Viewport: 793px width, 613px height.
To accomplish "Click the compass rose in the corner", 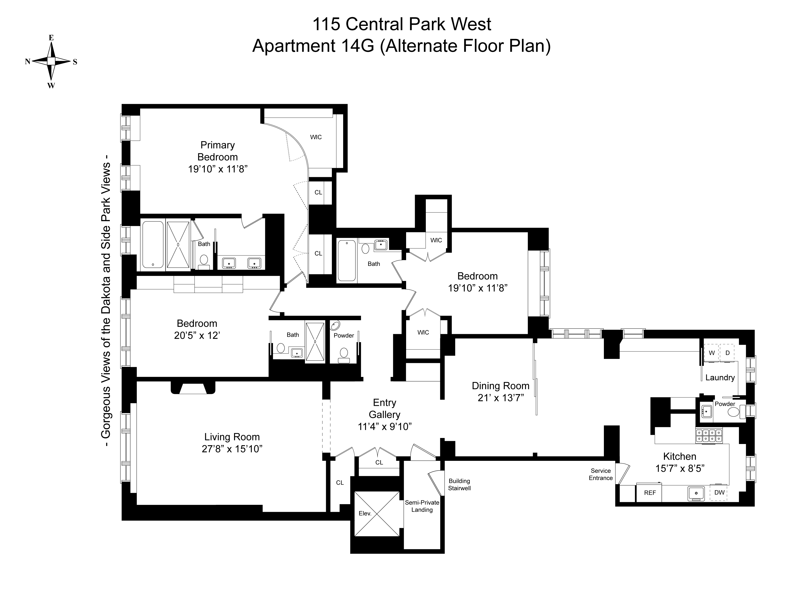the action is point(51,61).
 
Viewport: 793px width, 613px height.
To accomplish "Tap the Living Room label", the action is point(232,437).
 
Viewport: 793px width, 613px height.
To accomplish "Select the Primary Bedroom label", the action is point(217,151).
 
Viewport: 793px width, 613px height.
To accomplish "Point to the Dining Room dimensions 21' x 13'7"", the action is point(501,398).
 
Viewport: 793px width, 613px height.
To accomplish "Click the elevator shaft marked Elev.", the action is point(377,513).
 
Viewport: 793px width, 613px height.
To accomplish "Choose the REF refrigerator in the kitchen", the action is point(650,493).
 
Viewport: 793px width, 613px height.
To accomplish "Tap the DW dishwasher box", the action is point(719,492).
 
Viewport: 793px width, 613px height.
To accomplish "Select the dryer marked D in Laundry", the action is point(727,353).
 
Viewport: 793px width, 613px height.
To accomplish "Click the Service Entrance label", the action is point(601,474).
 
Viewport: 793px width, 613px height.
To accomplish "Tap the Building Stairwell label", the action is point(459,484).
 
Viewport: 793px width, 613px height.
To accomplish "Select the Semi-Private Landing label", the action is point(422,506).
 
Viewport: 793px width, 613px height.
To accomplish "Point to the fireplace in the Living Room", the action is point(193,388).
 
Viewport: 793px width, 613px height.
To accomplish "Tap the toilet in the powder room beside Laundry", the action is point(733,412).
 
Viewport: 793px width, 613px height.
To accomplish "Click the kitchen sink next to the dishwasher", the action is point(696,493).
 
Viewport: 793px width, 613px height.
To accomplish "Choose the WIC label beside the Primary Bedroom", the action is point(316,137).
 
